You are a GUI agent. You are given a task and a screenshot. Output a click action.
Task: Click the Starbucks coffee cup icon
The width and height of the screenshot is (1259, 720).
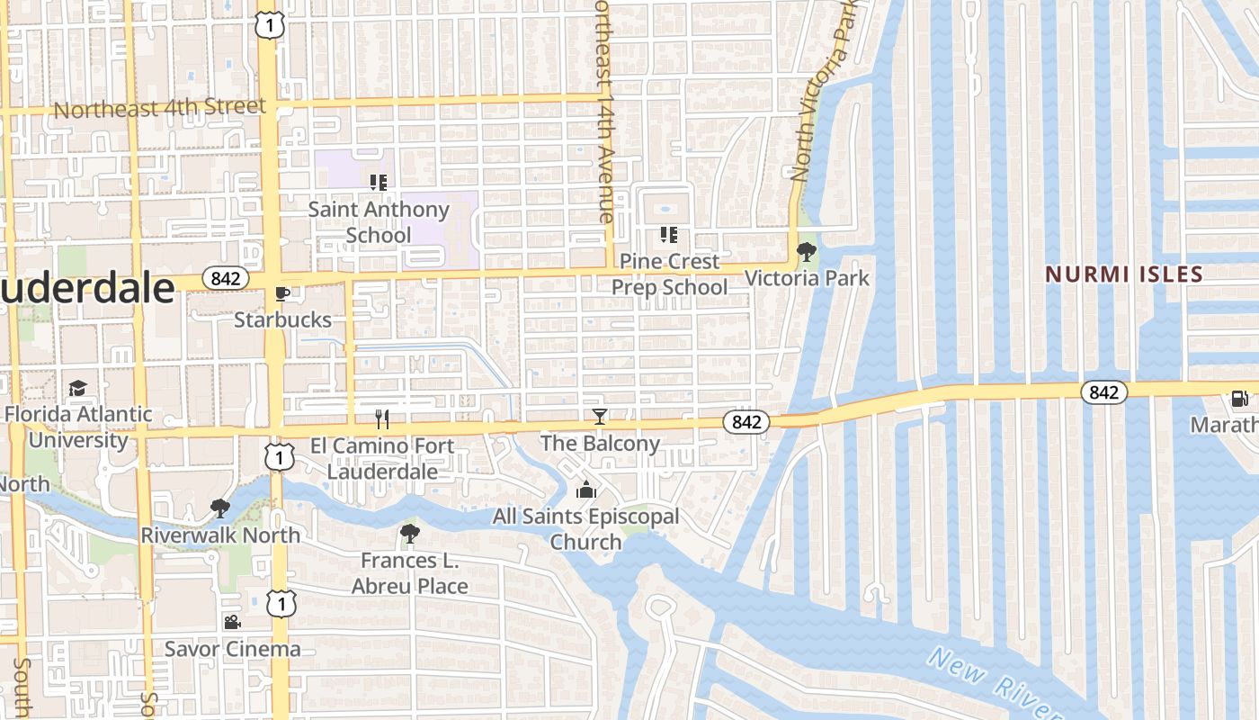(281, 293)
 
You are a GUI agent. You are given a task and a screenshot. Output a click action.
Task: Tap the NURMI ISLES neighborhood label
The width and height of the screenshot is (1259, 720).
(1123, 274)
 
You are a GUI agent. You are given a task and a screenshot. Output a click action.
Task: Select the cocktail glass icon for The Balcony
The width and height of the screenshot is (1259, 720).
(599, 417)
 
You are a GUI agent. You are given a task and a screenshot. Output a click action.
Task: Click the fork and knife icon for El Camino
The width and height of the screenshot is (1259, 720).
(382, 418)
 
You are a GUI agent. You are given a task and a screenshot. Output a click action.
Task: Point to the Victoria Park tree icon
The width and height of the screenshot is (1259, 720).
(807, 252)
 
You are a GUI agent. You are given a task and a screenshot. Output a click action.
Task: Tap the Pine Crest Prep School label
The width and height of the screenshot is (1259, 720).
(670, 274)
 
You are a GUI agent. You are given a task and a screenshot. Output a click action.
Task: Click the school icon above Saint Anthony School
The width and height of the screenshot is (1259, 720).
(379, 183)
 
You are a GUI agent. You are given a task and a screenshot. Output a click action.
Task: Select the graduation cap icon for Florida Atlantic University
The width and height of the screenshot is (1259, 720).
(78, 388)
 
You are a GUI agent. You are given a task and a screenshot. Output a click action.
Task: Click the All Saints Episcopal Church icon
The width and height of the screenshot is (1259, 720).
(586, 490)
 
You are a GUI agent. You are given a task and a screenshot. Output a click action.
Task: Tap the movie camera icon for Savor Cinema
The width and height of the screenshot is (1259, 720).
(232, 623)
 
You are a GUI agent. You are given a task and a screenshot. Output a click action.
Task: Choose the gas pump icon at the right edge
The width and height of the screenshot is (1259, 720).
(1239, 398)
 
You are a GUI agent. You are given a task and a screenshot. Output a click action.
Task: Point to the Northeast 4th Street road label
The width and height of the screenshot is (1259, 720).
(160, 108)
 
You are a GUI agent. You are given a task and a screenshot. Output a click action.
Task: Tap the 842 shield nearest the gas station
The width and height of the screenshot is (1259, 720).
(1103, 391)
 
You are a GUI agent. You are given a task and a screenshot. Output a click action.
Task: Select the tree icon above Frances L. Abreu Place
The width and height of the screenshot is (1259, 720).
(410, 534)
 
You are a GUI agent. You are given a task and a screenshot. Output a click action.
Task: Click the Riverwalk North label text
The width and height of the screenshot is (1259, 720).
(220, 535)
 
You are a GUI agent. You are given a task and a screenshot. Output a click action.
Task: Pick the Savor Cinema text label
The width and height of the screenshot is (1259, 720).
(232, 649)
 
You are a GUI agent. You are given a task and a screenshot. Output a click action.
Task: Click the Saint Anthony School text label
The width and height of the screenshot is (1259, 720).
(379, 222)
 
